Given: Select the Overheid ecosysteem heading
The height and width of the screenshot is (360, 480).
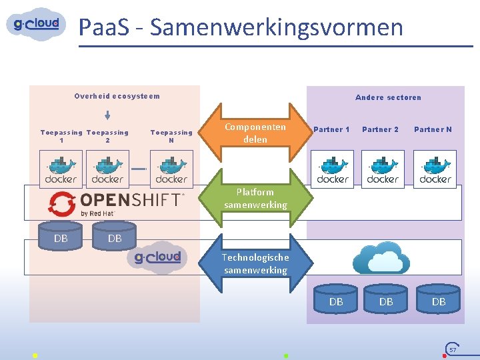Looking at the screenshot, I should [117, 96].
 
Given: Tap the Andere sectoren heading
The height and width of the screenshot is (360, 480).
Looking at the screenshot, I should [388, 97].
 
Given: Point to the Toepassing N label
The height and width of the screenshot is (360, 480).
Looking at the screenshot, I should [171, 136].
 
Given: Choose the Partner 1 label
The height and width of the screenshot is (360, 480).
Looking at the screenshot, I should [331, 129].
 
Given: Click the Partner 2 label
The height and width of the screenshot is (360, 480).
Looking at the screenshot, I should [380, 129].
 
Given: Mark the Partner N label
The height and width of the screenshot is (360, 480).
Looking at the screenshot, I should [433, 129].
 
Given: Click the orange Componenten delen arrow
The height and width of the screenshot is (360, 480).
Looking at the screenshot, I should [255, 133].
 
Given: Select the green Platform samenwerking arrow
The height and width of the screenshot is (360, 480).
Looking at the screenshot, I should [255, 199].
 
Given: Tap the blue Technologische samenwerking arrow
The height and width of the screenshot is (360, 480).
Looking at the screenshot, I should [255, 263].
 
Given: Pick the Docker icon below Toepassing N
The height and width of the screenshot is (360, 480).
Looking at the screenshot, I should [171, 169].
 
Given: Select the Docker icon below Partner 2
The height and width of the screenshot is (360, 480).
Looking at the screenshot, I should [383, 169].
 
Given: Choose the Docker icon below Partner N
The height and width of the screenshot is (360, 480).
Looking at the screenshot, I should [435, 169].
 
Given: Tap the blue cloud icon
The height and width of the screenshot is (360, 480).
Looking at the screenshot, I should [381, 259].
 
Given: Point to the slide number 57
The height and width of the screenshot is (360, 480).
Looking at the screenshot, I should [453, 349].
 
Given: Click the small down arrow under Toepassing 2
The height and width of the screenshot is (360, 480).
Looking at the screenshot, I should [107, 116].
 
